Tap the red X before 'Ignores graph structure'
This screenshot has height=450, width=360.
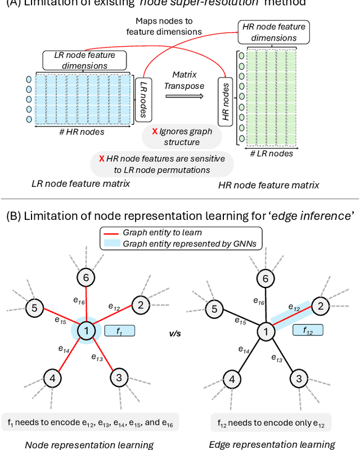tap(154, 131)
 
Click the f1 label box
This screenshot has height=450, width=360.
tap(119, 331)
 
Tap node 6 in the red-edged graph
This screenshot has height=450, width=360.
tap(86, 276)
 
